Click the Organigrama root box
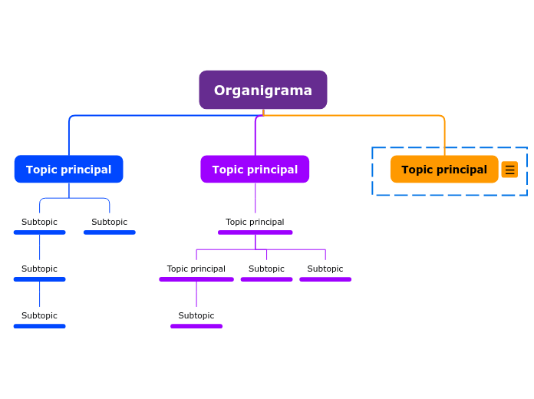coord(262,90)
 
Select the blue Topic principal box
coord(68,170)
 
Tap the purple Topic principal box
coord(255,170)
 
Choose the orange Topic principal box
coord(443,170)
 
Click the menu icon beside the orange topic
coord(509,170)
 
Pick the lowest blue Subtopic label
coord(39,315)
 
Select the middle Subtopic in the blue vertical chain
coord(39,269)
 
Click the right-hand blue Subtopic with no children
coord(109,222)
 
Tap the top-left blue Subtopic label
coord(39,222)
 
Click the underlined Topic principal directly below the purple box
coord(255,222)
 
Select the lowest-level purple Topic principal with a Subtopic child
coord(196,269)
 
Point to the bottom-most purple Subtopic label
coord(196,315)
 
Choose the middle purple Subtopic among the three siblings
coord(266,269)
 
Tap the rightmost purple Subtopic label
coord(325,269)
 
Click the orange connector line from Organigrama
coord(384,116)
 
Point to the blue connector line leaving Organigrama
coord(153,116)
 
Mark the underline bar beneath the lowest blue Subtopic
coord(39,326)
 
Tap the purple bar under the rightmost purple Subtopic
coord(325,279)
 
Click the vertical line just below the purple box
coord(255,197)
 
